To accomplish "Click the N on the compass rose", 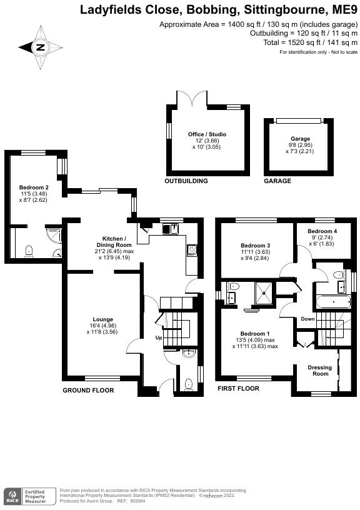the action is pyautogui.click(x=41, y=47).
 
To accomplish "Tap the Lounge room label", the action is pyautogui.click(x=102, y=319).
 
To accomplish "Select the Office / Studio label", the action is pyautogui.click(x=207, y=134).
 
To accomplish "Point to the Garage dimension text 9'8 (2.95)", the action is pyautogui.click(x=300, y=145).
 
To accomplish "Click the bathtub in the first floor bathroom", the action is pyautogui.click(x=333, y=302).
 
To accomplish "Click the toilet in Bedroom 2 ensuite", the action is pyautogui.click(x=29, y=251).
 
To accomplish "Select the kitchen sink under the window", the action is pyautogui.click(x=171, y=229).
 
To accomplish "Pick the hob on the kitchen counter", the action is pyautogui.click(x=191, y=250).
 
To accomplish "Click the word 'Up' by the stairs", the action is pyautogui.click(x=158, y=337).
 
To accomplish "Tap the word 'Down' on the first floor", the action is pyautogui.click(x=307, y=319).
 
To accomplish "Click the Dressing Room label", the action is pyautogui.click(x=320, y=371).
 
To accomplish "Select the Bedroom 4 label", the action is pyautogui.click(x=322, y=231).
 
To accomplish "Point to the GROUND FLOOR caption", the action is pyautogui.click(x=88, y=390).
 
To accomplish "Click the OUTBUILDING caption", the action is pyautogui.click(x=186, y=181).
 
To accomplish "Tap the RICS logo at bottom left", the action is pyautogui.click(x=14, y=497).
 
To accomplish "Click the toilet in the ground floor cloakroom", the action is pyautogui.click(x=189, y=384).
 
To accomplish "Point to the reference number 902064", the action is pyautogui.click(x=139, y=501).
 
